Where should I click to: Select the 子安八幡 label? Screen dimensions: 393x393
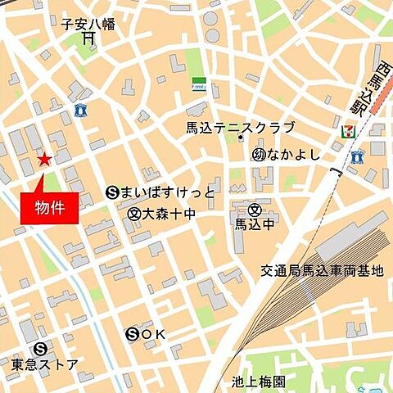click(88, 25)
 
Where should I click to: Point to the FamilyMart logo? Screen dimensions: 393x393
click(198, 84)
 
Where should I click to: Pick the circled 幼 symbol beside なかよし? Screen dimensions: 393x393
click(259, 154)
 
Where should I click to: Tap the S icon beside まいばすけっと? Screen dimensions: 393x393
click(113, 193)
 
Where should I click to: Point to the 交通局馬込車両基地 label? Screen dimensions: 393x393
click(321, 271)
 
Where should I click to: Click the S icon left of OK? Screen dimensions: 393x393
click(133, 334)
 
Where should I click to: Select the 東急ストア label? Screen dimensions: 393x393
click(45, 364)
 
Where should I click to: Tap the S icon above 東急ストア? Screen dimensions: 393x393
click(40, 346)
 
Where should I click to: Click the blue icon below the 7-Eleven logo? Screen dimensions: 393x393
click(356, 156)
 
